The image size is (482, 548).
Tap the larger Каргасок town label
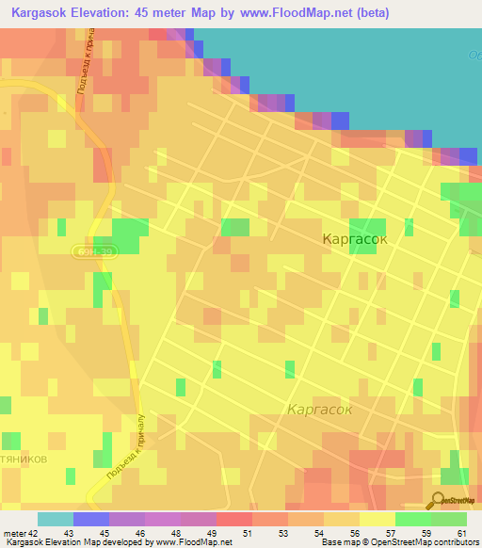point(355,239)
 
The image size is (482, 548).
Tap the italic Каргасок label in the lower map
point(319,410)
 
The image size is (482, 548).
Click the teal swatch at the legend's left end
point(56,519)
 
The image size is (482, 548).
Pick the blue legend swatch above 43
point(91,519)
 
